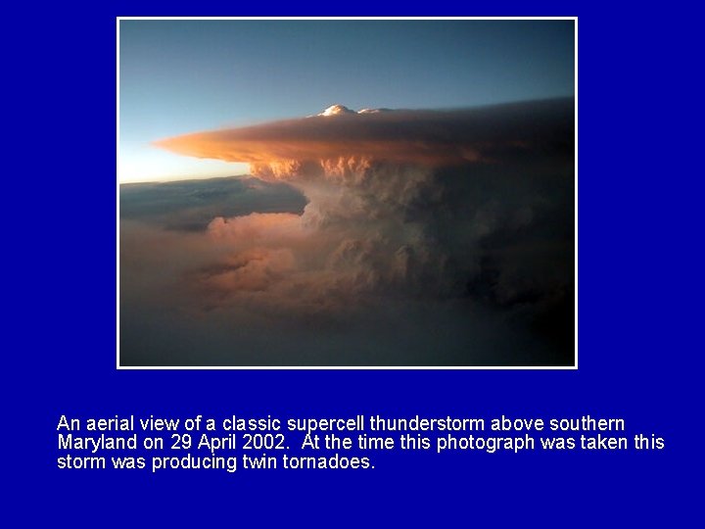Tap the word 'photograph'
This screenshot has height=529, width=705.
(485, 442)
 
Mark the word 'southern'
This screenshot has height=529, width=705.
(587, 423)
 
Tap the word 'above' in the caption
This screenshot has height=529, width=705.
(515, 423)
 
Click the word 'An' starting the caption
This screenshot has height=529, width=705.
(68, 423)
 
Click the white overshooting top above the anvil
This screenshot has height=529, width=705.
(338, 111)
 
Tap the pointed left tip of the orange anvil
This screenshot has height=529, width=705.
(157, 145)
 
